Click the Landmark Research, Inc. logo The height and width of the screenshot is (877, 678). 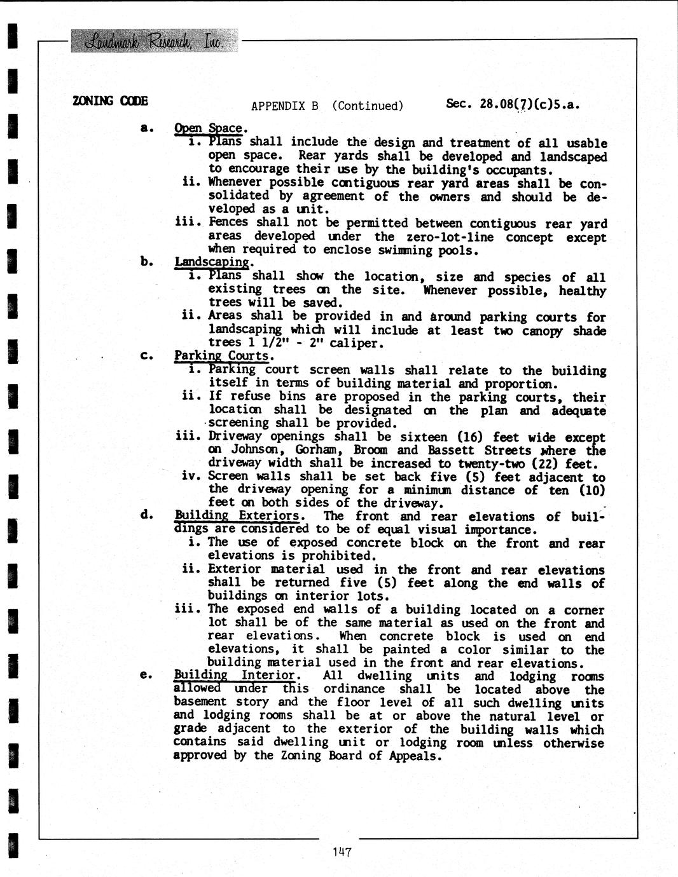(x=155, y=41)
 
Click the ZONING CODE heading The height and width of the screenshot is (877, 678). (x=110, y=100)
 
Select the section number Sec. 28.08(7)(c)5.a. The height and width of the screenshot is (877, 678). (x=513, y=104)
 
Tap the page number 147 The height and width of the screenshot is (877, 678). (x=342, y=852)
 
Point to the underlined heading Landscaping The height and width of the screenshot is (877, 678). (x=212, y=262)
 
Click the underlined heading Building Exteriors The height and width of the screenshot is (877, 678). (x=237, y=515)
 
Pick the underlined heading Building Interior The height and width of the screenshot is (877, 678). (x=235, y=675)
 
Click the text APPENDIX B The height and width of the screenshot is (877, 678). (x=284, y=106)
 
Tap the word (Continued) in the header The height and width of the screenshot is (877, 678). (x=368, y=106)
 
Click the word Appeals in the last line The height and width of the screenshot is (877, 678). (x=415, y=756)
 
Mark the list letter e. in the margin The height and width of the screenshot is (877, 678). (x=146, y=675)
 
